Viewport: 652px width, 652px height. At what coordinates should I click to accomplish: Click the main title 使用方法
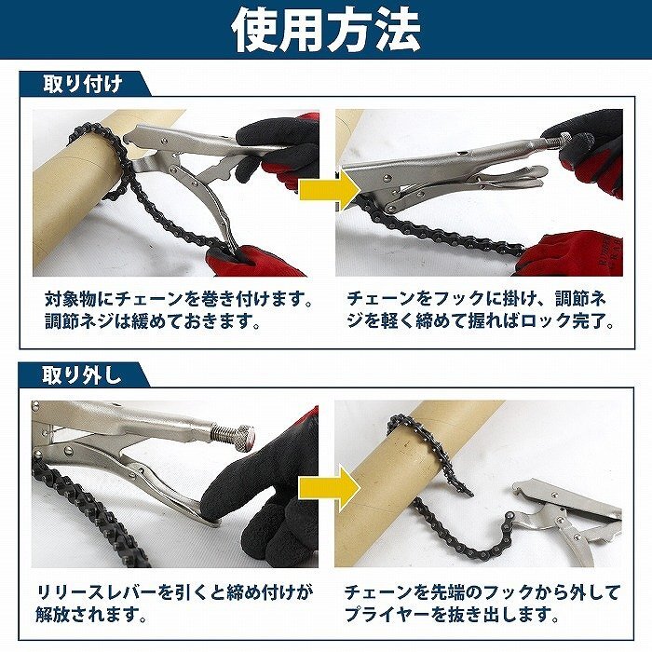(326, 30)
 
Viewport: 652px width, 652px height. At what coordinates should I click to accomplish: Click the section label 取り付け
(83, 85)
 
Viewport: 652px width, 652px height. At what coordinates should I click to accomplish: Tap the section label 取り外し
(82, 375)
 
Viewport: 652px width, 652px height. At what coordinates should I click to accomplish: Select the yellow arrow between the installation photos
(330, 190)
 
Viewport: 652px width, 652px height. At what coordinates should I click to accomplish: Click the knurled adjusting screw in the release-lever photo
(234, 436)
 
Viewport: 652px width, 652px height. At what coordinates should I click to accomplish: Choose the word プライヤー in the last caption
(388, 614)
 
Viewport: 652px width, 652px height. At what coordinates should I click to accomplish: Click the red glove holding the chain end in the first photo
(252, 261)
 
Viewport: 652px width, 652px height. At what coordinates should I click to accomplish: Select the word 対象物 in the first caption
(71, 299)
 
